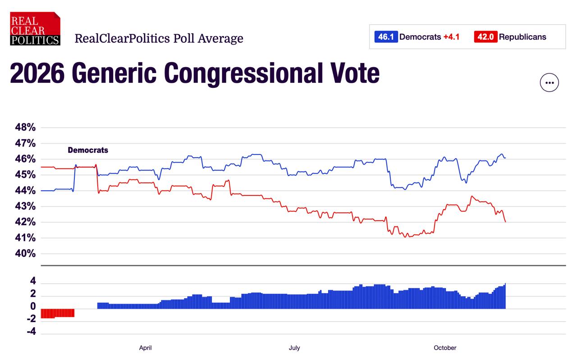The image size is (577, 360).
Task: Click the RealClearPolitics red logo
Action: (35, 28)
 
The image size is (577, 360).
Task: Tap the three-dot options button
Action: (549, 82)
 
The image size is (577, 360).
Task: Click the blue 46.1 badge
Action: (386, 37)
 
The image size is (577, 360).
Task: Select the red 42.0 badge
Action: (485, 37)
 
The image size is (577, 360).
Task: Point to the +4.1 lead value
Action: (451, 37)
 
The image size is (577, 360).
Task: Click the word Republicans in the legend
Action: (522, 37)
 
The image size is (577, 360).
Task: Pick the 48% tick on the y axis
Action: (25, 128)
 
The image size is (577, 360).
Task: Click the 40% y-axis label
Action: (25, 254)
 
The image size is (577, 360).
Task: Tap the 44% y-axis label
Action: (25, 191)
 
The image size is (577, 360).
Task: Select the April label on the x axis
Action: (145, 348)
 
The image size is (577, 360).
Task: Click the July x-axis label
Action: (294, 348)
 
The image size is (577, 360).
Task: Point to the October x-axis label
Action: (445, 348)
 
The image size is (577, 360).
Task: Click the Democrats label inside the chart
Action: (88, 150)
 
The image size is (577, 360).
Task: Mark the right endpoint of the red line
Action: (505, 222)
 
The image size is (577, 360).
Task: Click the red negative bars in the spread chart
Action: (57, 313)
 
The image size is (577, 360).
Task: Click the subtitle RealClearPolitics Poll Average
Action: (159, 38)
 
